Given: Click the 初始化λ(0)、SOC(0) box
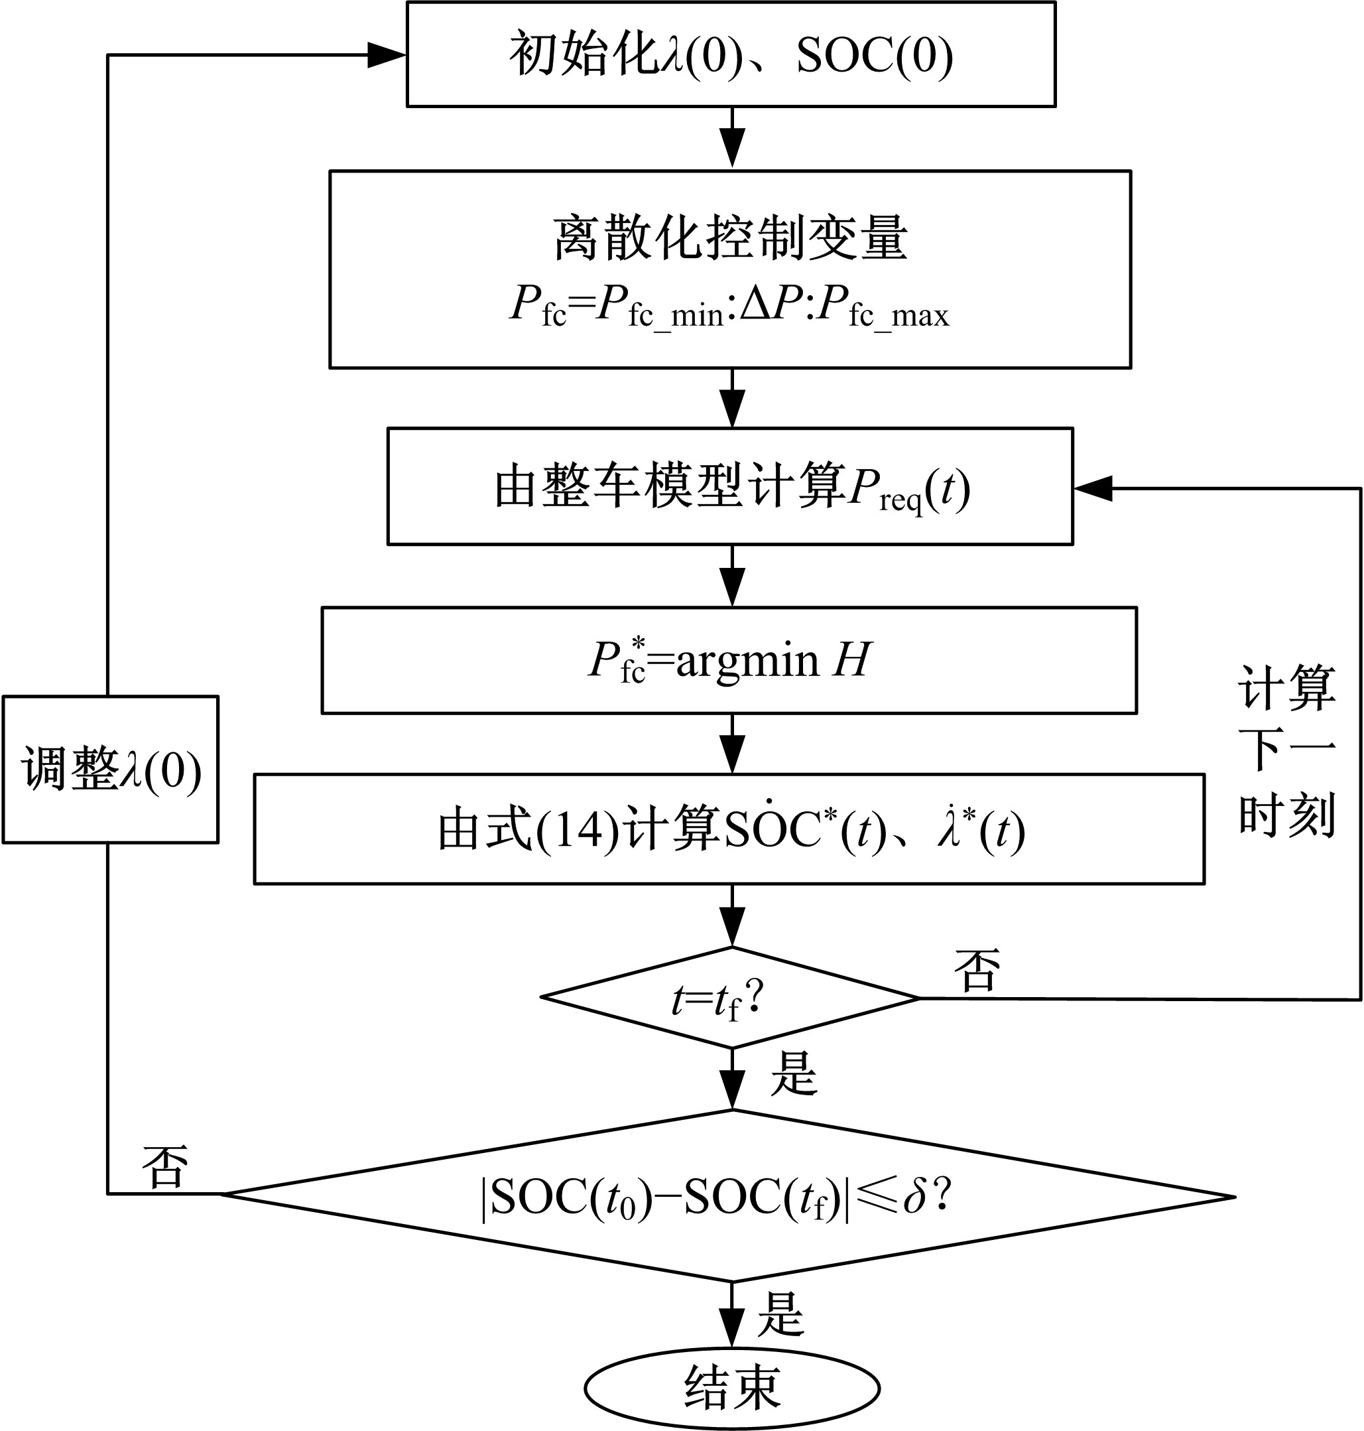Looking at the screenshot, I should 731,54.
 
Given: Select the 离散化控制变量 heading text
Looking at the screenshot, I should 730,238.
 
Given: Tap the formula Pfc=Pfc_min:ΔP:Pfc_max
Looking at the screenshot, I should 729,307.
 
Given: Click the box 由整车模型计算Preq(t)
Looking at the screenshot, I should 730,487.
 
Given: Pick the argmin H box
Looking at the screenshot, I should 729,661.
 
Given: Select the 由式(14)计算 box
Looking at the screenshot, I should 729,829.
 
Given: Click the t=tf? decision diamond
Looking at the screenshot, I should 731,998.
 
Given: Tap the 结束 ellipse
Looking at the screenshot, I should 732,1389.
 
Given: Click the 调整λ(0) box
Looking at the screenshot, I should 111,770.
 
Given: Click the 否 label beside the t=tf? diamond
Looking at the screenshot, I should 977,971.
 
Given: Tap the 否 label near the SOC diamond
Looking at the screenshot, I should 165,1168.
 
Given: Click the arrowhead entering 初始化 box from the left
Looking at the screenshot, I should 385,54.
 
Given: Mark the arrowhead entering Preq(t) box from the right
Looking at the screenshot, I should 1093,488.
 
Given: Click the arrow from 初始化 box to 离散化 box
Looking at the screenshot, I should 732,138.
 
